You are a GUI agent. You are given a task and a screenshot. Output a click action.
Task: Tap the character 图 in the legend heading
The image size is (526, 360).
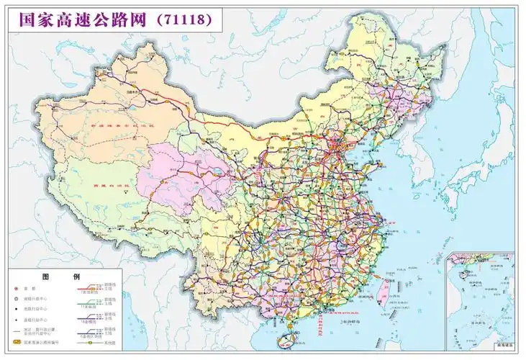(46, 277)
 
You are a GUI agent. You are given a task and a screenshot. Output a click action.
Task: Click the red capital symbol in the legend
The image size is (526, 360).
(15, 289)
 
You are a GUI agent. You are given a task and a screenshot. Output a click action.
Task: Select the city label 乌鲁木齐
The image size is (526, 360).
(132, 93)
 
